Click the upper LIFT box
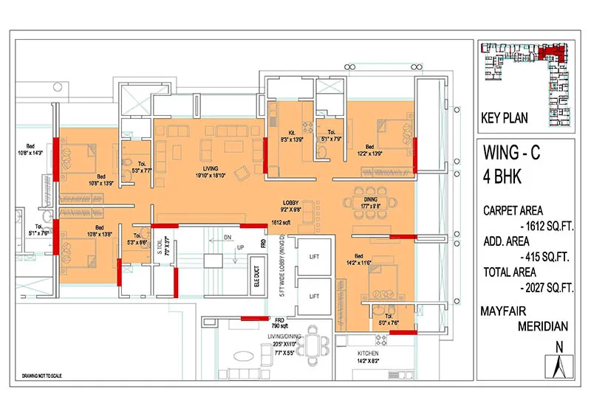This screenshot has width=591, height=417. [313, 256]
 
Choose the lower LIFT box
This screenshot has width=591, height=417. [313, 296]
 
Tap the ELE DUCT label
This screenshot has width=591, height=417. [257, 284]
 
